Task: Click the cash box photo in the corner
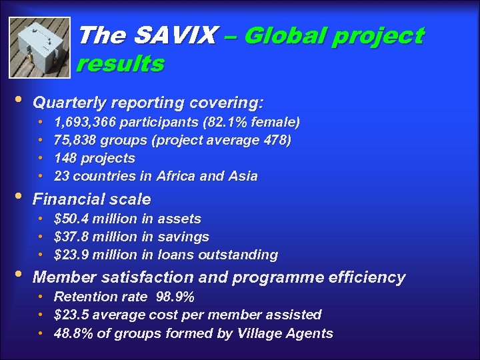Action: point(39,47)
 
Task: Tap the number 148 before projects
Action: point(66,158)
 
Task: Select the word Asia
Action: point(241,176)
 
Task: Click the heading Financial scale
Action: point(92,199)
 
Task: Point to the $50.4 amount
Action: point(71,219)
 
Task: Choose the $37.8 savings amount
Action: point(71,237)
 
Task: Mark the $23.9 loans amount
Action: point(71,255)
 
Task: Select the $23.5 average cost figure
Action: point(71,315)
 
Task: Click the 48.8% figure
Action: point(73,333)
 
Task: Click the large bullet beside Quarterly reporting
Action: point(17,100)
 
